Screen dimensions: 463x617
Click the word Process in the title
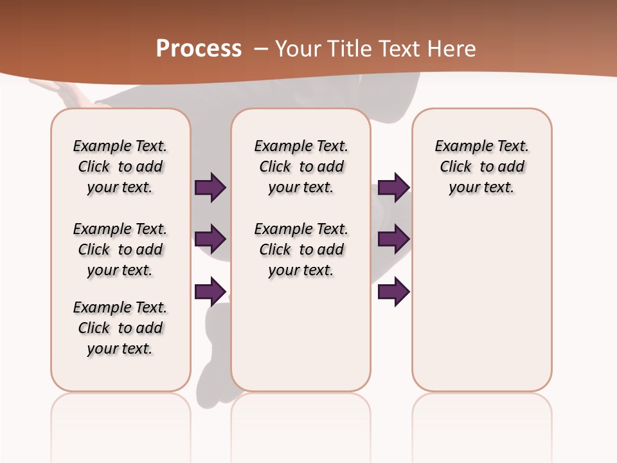(x=199, y=48)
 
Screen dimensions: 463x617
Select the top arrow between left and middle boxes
(x=210, y=187)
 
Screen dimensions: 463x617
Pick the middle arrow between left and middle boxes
(x=210, y=240)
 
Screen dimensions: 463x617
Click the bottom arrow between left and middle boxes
(x=210, y=292)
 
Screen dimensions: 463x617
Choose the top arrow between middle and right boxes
(x=393, y=187)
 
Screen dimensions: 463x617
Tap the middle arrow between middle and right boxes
(x=393, y=240)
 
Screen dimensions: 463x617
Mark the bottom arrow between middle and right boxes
(x=393, y=292)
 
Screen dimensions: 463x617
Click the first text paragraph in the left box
(x=120, y=167)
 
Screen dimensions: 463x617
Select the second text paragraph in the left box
(x=120, y=250)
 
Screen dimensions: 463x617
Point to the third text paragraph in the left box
(x=120, y=328)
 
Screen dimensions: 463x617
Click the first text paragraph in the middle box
(x=301, y=167)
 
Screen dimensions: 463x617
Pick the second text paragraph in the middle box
(x=301, y=250)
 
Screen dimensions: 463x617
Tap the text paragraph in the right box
(x=482, y=167)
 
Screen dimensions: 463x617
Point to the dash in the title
(x=260, y=48)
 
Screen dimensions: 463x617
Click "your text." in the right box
(x=482, y=188)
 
